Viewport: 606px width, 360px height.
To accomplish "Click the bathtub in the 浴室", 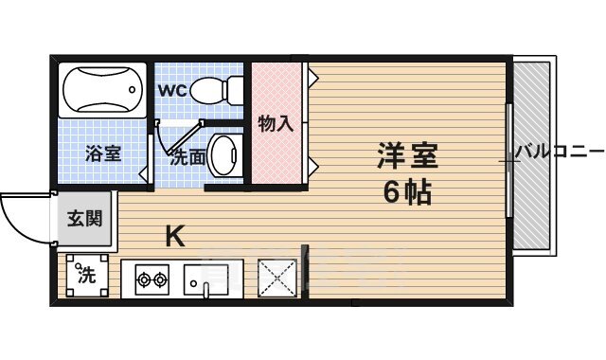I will (103, 90).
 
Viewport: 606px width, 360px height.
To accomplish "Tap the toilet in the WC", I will (212, 91).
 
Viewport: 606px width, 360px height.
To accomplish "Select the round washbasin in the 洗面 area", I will (223, 153).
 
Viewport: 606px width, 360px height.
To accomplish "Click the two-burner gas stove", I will (151, 279).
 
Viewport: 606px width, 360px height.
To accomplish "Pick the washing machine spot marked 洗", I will (86, 277).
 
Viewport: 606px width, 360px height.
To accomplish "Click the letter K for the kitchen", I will (174, 235).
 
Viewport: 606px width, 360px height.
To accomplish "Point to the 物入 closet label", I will (276, 122).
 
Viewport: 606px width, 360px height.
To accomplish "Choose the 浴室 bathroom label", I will (103, 153).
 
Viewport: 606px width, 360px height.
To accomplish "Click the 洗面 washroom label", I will (187, 157).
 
